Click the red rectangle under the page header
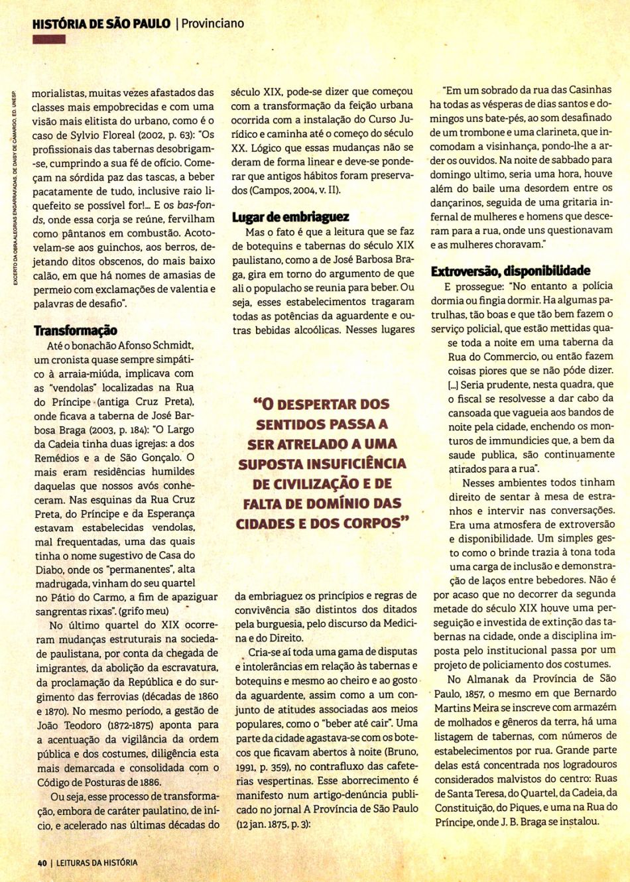pos(49,40)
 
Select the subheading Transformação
pos(76,330)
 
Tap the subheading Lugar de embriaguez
pos(290,217)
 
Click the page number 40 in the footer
pos(41,863)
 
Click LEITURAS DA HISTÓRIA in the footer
pos(96,863)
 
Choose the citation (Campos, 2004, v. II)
pos(290,190)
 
